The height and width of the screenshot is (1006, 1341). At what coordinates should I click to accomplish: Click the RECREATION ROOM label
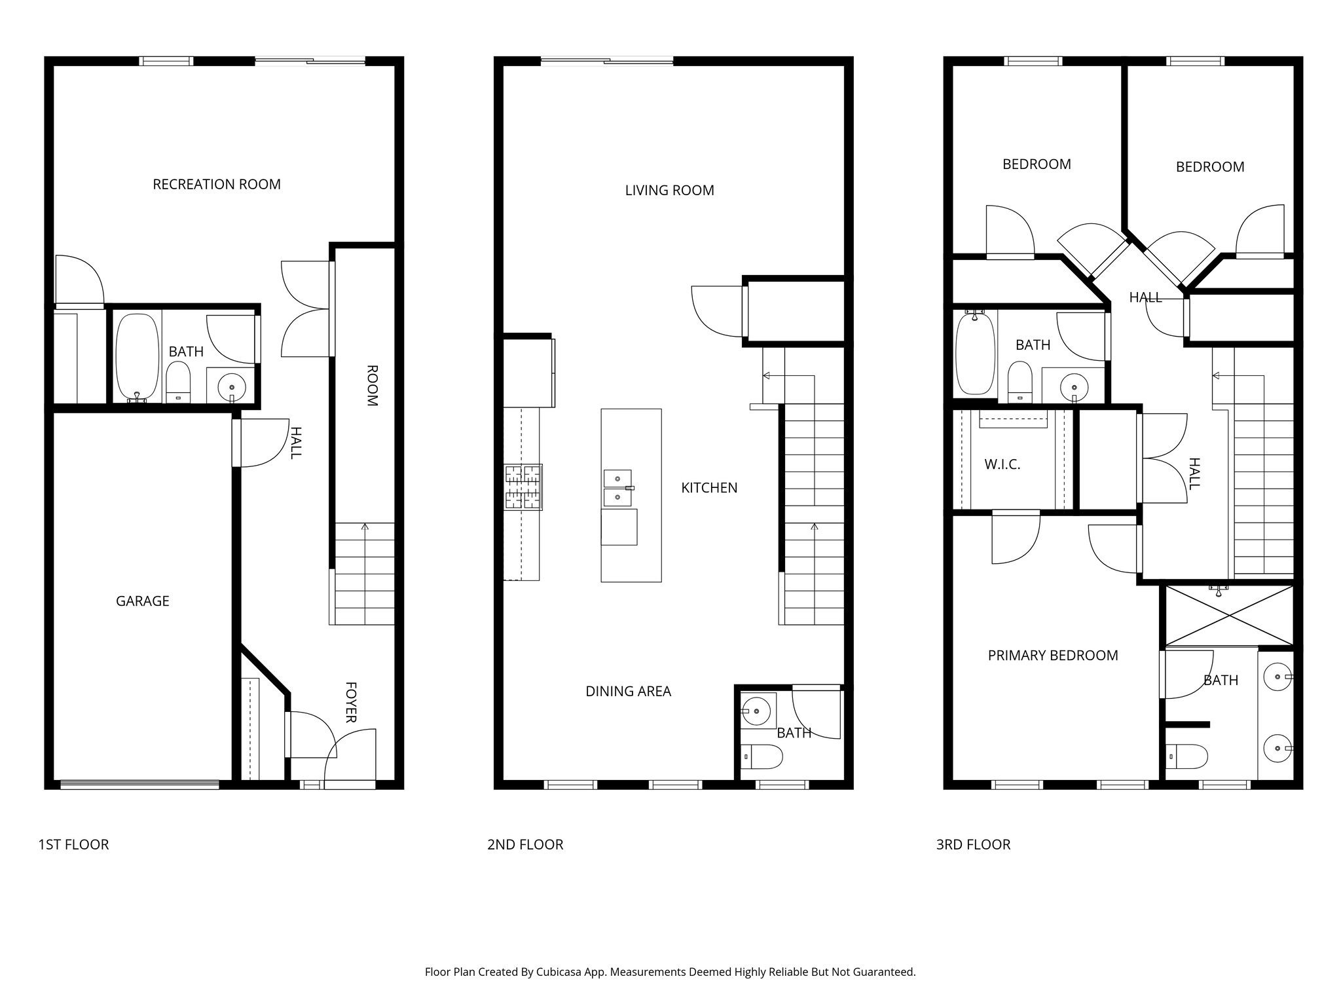coord(217,185)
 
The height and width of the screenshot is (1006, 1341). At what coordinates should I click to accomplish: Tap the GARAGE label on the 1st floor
coord(142,601)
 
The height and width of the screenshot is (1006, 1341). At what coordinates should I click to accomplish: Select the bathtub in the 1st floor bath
coord(137,357)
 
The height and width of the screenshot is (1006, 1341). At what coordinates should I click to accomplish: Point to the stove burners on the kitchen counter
coord(523,487)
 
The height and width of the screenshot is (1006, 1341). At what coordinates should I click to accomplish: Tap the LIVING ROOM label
coord(669,191)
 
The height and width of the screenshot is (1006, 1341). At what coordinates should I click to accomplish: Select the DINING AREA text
coord(628,691)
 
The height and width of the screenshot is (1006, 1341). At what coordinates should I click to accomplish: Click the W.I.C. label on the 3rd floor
coord(1002,465)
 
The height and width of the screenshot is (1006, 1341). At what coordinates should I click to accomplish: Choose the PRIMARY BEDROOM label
coord(1052,656)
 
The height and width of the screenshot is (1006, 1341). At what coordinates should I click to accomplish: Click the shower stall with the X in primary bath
coord(1229,616)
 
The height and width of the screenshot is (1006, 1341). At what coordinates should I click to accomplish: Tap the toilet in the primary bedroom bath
coord(1186,756)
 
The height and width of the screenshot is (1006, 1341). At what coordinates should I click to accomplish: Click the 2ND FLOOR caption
coord(524,845)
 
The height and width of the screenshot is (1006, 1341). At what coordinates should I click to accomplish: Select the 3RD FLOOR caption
coord(973,845)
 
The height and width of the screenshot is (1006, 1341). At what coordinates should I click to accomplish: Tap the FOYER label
coord(351,702)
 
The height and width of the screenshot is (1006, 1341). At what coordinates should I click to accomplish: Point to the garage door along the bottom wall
coord(139,783)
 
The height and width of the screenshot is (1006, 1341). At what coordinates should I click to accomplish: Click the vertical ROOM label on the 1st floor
coord(371,386)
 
